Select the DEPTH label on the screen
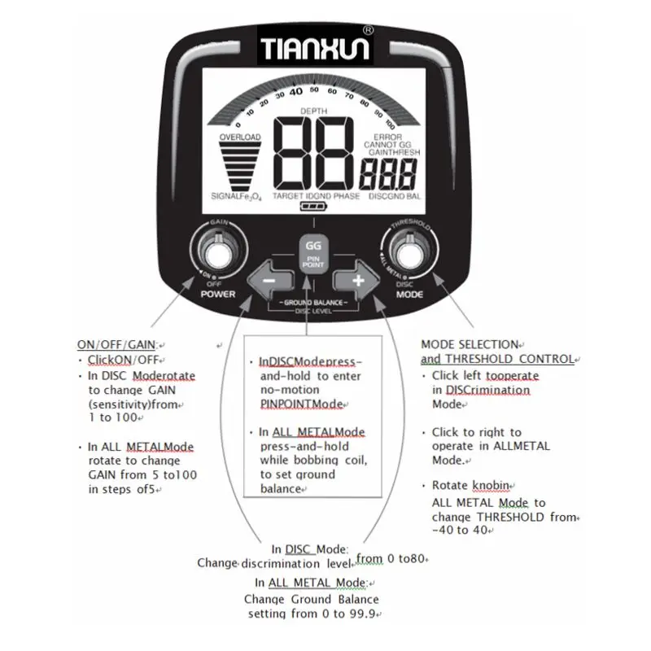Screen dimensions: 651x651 (312, 111)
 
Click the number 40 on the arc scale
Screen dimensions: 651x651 (296, 91)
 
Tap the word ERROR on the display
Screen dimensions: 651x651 (387, 138)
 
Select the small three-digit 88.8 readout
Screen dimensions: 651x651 (388, 173)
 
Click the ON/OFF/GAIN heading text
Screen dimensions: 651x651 (115, 345)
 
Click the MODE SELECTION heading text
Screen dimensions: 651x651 (470, 344)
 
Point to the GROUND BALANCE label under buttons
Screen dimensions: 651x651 (312, 302)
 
